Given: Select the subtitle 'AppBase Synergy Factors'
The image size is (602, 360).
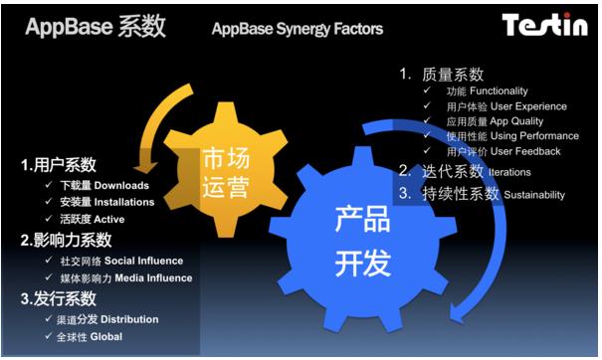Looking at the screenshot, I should pyautogui.click(x=297, y=29).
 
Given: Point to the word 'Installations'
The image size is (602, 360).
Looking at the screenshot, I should pyautogui.click(x=125, y=202).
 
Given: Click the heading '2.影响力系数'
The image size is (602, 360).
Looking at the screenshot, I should pyautogui.click(x=66, y=240).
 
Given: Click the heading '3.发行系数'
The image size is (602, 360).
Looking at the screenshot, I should pyautogui.click(x=59, y=299).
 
